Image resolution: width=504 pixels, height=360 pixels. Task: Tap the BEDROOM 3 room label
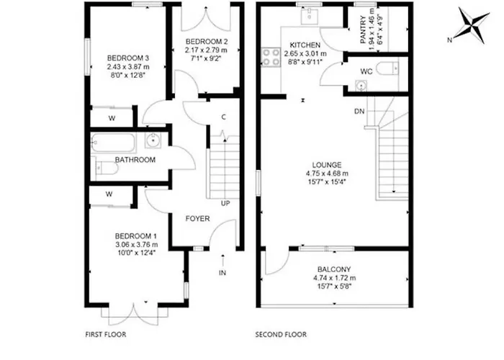123,58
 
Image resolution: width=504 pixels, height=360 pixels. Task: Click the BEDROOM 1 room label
135,236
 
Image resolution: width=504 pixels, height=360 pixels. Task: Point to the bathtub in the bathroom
114,142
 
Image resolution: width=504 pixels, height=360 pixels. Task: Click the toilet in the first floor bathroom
105,168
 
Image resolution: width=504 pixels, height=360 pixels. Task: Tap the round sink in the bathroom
153,140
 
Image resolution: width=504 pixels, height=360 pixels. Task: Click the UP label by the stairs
225,203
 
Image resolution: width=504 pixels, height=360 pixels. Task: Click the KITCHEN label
305,45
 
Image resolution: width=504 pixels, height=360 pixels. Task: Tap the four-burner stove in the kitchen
272,57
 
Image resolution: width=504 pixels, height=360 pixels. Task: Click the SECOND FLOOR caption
281,335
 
